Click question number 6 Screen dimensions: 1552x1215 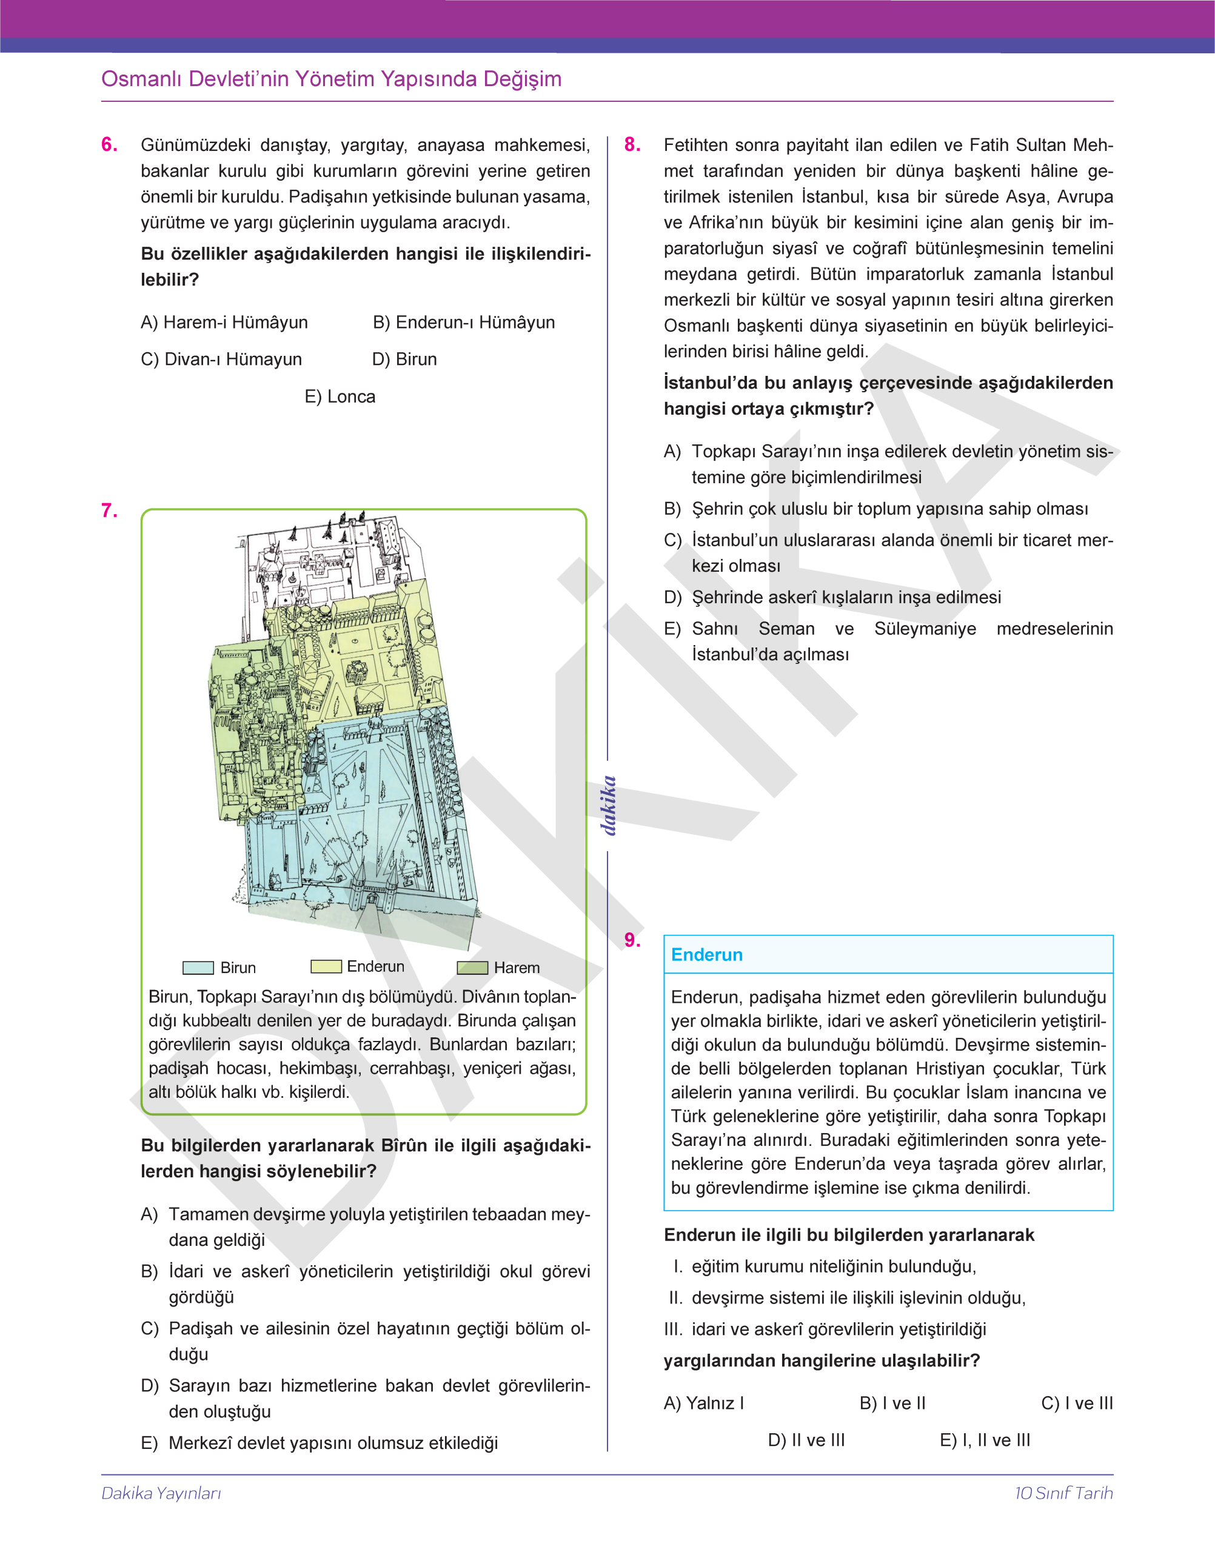click(x=109, y=144)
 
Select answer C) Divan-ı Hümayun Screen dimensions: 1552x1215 click(x=221, y=359)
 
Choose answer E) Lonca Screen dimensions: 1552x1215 click(x=340, y=397)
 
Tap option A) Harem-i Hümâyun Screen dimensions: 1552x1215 click(x=224, y=322)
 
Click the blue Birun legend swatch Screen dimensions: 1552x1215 click(x=198, y=968)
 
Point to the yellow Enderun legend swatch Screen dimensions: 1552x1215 click(x=326, y=966)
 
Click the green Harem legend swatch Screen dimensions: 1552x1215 click(x=472, y=968)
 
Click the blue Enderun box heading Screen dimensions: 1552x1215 click(x=706, y=954)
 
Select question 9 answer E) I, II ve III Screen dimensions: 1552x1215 click(x=985, y=1440)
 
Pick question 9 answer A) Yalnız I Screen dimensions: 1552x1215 click(x=703, y=1403)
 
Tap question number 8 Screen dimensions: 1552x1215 click(x=632, y=144)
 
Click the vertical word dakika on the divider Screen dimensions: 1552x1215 click(x=607, y=805)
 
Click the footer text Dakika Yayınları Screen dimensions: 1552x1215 click(x=161, y=1493)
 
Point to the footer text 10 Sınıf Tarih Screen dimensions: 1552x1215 click(x=1063, y=1493)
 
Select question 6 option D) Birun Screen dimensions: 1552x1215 click(x=404, y=359)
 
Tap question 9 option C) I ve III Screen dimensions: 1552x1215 click(x=1076, y=1403)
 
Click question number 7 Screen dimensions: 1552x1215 click(x=109, y=510)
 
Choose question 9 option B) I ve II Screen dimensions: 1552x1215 click(x=892, y=1403)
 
